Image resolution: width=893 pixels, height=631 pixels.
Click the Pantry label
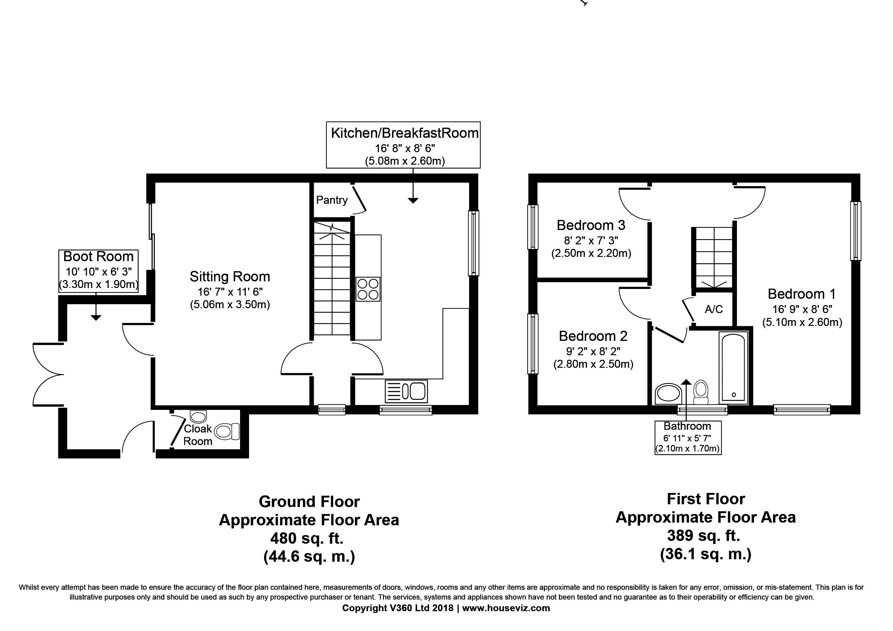tap(332, 200)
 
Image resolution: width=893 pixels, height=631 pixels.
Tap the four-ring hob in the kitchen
tap(368, 289)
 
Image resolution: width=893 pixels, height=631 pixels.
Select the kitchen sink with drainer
tap(406, 391)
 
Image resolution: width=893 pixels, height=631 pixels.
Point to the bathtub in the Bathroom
tap(733, 368)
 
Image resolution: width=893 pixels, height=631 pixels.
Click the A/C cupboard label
tap(714, 309)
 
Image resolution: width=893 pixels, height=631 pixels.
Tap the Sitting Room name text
tap(230, 277)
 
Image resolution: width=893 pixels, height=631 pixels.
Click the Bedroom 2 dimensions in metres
tap(593, 364)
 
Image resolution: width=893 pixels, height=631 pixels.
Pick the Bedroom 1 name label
tap(802, 294)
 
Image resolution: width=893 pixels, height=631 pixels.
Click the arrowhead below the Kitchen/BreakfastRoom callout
tap(413, 201)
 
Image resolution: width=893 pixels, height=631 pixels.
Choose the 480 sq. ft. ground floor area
tap(307, 538)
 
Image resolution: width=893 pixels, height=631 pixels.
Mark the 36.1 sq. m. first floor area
tap(705, 554)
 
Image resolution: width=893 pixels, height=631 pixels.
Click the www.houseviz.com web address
tap(506, 608)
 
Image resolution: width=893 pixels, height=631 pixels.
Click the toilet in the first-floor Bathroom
tap(701, 392)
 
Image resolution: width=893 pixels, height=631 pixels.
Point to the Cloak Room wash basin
tap(199, 417)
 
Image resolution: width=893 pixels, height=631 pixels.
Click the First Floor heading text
tap(705, 499)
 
